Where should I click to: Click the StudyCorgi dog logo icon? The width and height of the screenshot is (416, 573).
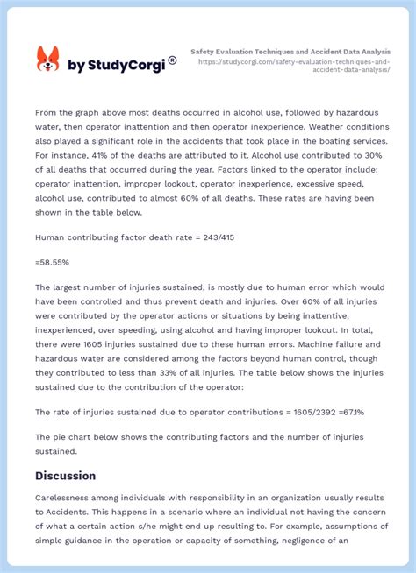click(x=47, y=60)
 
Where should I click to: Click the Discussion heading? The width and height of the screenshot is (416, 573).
click(x=65, y=476)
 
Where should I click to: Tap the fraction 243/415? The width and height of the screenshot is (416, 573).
click(x=219, y=237)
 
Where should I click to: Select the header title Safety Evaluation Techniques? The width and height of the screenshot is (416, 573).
click(x=290, y=52)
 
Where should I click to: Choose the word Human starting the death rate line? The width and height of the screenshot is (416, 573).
click(x=53, y=237)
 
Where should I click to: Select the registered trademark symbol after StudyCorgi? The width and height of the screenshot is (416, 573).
click(x=172, y=60)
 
